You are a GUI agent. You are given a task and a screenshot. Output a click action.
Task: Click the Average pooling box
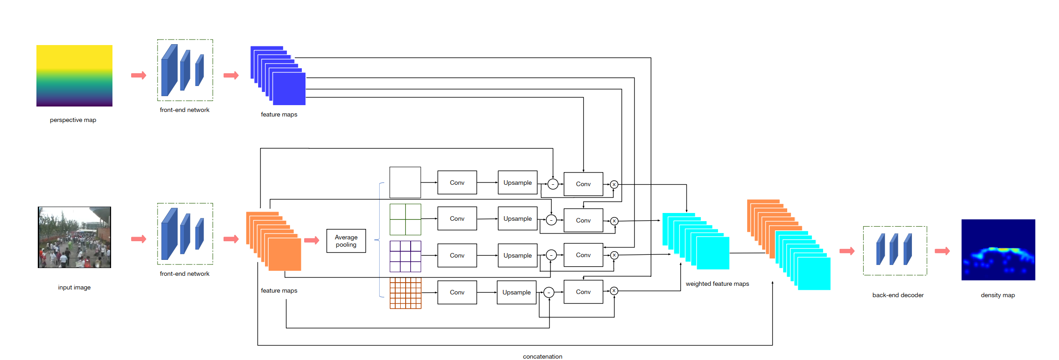pyautogui.click(x=346, y=241)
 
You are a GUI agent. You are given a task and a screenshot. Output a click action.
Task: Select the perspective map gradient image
pyautogui.click(x=74, y=76)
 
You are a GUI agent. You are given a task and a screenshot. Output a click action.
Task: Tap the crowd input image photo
pyautogui.click(x=74, y=237)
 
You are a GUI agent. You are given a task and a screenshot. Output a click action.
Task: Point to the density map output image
pyautogui.click(x=998, y=249)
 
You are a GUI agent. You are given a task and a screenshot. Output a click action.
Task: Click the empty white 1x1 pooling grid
pyautogui.click(x=405, y=182)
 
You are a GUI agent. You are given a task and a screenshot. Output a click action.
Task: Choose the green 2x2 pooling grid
pyautogui.click(x=405, y=219)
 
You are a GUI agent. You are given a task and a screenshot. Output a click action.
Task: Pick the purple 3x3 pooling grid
pyautogui.click(x=405, y=256)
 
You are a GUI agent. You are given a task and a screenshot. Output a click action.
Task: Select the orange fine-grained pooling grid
pyautogui.click(x=405, y=293)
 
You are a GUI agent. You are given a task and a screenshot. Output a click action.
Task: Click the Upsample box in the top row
pyautogui.click(x=517, y=183)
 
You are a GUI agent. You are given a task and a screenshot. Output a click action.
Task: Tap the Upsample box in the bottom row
pyautogui.click(x=516, y=292)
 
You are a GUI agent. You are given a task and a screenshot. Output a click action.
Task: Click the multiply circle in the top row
pyautogui.click(x=614, y=184)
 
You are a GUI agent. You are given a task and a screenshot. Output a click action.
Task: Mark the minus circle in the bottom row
pyautogui.click(x=549, y=292)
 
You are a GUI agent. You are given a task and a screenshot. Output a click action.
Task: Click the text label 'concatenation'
pyautogui.click(x=542, y=356)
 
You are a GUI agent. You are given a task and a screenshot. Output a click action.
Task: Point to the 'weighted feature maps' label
pyautogui.click(x=717, y=284)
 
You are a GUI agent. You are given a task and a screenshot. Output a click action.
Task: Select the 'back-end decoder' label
pyautogui.click(x=898, y=295)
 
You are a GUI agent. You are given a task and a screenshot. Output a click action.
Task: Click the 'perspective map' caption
pyautogui.click(x=73, y=120)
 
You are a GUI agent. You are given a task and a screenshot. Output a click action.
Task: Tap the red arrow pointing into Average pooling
pyautogui.click(x=312, y=240)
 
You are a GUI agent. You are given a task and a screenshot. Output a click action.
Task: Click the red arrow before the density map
pyautogui.click(x=942, y=251)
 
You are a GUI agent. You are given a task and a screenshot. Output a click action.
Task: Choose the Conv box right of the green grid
pyautogui.click(x=457, y=219)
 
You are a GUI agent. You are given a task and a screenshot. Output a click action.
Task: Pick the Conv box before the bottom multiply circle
pyautogui.click(x=583, y=292)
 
